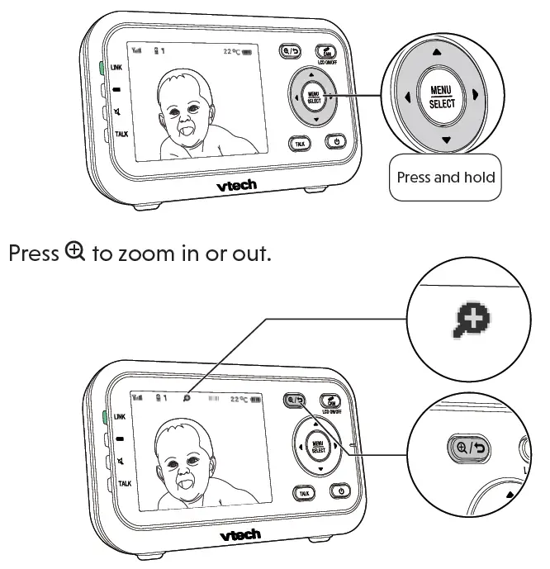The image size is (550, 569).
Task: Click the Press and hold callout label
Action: (446, 178)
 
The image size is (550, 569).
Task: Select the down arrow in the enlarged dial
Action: (446, 140)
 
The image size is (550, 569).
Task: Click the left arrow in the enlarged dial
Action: (407, 96)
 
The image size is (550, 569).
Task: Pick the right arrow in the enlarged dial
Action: (476, 96)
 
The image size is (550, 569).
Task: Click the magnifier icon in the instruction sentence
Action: (75, 252)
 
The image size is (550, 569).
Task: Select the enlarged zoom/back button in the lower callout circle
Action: (468, 448)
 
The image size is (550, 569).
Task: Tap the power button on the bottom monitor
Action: (341, 492)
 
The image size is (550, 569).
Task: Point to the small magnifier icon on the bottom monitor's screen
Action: (187, 397)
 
